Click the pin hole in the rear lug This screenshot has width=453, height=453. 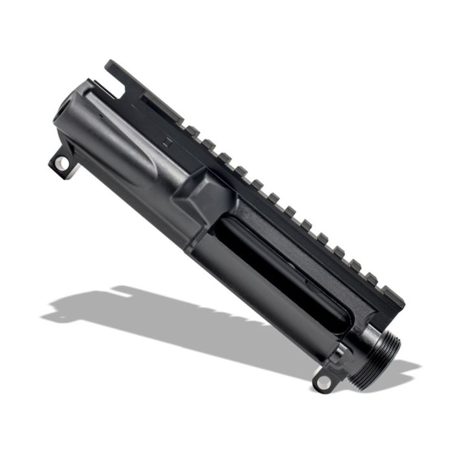[x=60, y=164]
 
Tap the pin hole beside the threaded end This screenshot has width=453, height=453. [x=322, y=382]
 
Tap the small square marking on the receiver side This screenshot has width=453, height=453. [x=166, y=144]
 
